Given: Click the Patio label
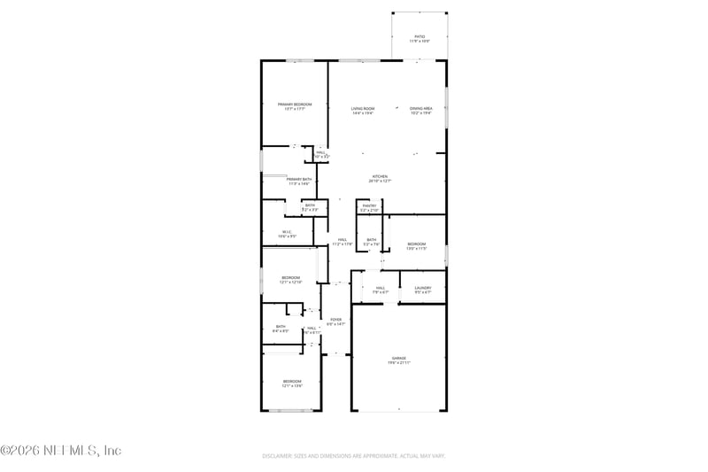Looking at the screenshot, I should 419,36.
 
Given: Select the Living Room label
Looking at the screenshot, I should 363,108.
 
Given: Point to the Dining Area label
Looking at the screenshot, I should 420,108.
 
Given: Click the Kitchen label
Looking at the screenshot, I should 380,176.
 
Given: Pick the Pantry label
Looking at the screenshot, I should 369,205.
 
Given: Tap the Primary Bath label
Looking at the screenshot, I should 298,180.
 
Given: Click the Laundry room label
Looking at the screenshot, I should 422,287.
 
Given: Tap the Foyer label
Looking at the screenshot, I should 335,319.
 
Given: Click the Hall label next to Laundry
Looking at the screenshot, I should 380,287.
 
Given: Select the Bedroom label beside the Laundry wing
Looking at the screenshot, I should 416,244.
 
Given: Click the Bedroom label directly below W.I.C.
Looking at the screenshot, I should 291,277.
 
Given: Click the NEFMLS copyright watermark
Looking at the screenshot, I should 61,451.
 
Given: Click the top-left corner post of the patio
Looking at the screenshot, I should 392,13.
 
